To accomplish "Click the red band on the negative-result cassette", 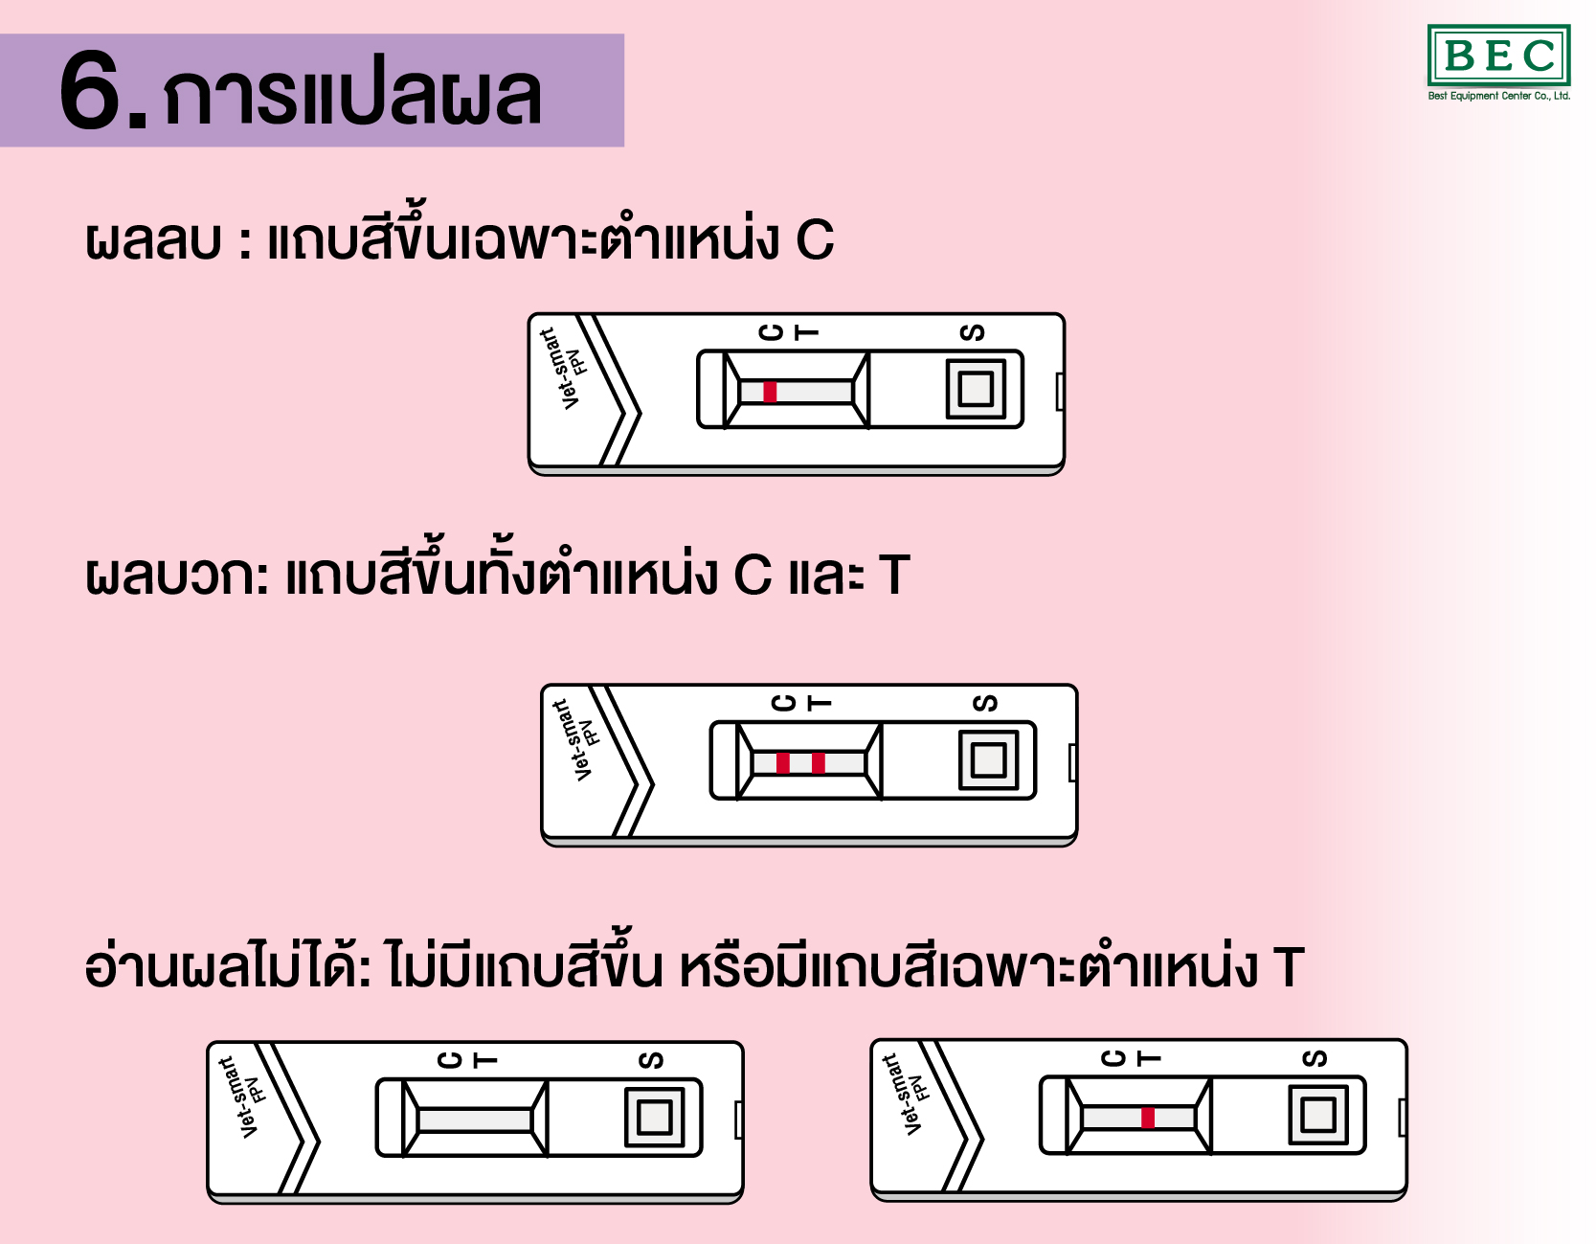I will click(x=770, y=391).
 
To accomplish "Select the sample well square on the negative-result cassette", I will click(x=976, y=389).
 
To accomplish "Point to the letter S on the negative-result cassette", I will click(x=972, y=332).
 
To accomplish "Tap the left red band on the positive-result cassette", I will click(x=783, y=762).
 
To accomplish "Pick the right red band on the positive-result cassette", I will click(x=818, y=762).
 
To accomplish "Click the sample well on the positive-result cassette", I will click(x=988, y=760).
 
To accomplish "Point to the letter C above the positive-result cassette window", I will click(x=784, y=703).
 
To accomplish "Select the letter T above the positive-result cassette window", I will click(x=819, y=703).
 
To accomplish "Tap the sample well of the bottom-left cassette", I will click(x=655, y=1117).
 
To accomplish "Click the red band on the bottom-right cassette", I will click(x=1147, y=1117).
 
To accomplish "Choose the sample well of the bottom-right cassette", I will click(x=1318, y=1115).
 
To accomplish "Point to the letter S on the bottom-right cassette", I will click(x=1315, y=1058).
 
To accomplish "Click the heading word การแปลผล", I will click(x=352, y=96).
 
